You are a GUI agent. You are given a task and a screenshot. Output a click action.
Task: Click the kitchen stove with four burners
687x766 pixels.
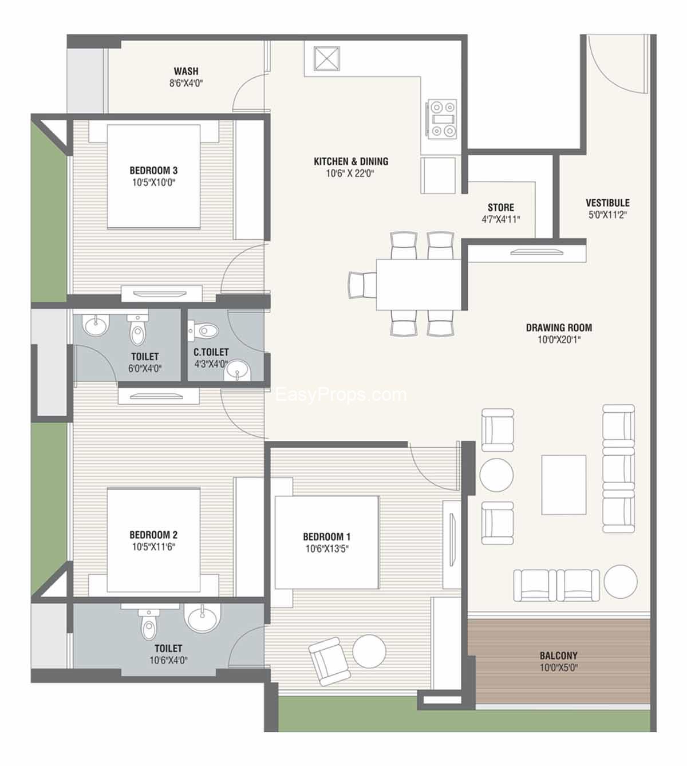pyautogui.click(x=442, y=119)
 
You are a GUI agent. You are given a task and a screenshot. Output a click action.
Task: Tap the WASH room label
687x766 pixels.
pyautogui.click(x=186, y=71)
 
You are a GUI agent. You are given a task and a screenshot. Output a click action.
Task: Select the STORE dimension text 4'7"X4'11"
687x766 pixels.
pyautogui.click(x=500, y=219)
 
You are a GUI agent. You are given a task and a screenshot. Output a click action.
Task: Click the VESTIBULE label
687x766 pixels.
pyautogui.click(x=607, y=203)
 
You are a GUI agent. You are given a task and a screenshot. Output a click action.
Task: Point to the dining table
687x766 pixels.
pyautogui.click(x=418, y=285)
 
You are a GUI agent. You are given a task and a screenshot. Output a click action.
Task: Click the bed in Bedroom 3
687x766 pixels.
pyautogui.click(x=153, y=176)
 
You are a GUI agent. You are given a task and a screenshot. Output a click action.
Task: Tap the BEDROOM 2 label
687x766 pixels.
pyautogui.click(x=153, y=535)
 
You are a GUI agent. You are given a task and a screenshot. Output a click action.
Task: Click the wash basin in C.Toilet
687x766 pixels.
pyautogui.click(x=237, y=370)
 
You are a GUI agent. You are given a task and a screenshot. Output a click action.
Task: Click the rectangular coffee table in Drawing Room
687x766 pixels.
pyautogui.click(x=564, y=485)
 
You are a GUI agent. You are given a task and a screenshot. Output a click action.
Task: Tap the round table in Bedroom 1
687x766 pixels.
pyautogui.click(x=369, y=651)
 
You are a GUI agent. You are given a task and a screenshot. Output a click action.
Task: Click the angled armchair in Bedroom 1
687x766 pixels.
pyautogui.click(x=329, y=661)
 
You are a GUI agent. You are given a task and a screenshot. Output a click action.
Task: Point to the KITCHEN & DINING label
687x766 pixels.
pyautogui.click(x=351, y=161)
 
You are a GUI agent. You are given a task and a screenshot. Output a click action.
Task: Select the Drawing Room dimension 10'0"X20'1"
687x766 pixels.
pyautogui.click(x=559, y=339)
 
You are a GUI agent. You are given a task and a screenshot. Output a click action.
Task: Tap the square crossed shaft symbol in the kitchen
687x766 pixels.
pyautogui.click(x=327, y=58)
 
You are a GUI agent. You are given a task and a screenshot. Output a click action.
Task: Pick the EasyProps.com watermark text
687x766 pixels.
pyautogui.click(x=341, y=394)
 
